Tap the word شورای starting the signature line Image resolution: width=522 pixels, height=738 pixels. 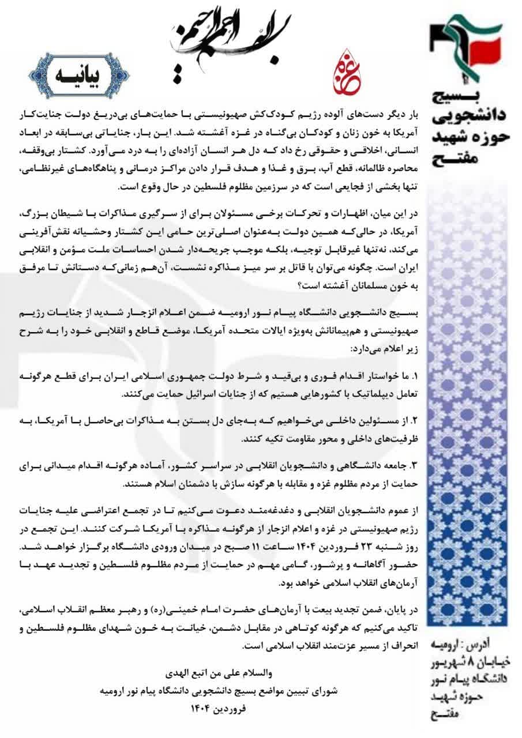click(x=323, y=690)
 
